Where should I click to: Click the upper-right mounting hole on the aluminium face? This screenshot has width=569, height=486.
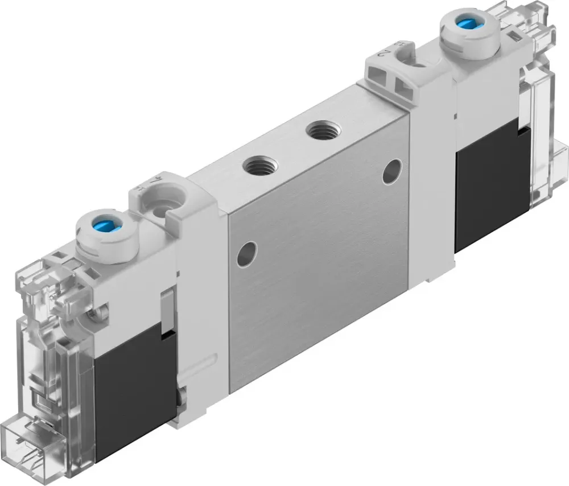pyautogui.click(x=391, y=171)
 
